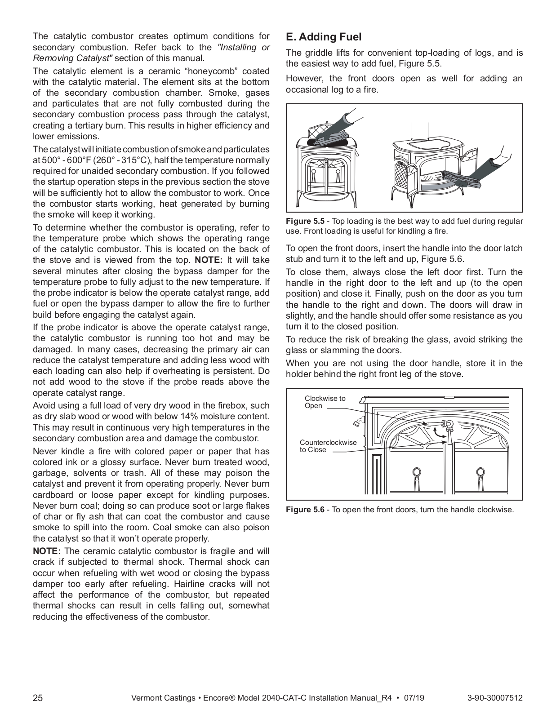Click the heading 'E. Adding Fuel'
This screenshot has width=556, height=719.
(324, 37)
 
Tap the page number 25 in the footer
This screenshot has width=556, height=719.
(38, 698)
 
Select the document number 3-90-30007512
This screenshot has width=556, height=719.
(495, 698)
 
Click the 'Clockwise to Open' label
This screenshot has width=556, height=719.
(325, 402)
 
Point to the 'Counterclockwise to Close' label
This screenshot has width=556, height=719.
(328, 446)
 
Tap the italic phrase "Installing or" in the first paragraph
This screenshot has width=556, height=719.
(243, 47)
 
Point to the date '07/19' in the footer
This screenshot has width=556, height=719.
(414, 698)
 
